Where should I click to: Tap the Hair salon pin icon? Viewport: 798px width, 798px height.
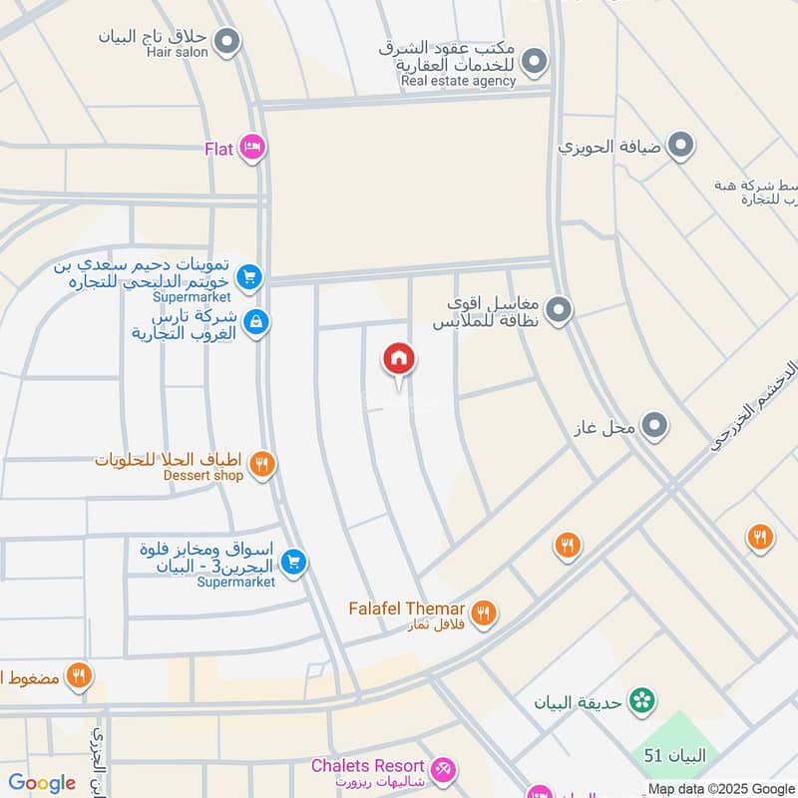[x=228, y=42]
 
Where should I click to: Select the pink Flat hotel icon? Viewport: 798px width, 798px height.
[x=252, y=149]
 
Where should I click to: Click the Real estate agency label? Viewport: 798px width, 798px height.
[x=458, y=81]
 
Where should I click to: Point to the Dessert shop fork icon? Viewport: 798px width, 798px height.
[x=261, y=463]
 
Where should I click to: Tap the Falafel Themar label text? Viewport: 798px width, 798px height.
[x=406, y=608]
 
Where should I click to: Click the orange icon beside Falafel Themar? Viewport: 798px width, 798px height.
[x=483, y=612]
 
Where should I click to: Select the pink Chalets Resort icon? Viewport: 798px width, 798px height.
[x=444, y=770]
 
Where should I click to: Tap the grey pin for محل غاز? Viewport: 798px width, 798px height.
[x=654, y=427]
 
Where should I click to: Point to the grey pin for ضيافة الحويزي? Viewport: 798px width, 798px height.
[x=681, y=147]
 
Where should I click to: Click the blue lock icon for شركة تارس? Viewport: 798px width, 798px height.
[x=256, y=322]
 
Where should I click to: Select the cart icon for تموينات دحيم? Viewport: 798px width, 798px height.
[x=249, y=276]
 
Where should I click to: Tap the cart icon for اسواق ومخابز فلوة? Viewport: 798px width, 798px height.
[x=292, y=564]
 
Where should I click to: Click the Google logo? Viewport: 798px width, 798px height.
[x=42, y=783]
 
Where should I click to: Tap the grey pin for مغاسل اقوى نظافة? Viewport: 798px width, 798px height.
[x=559, y=310]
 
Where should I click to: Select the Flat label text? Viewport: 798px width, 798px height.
[x=218, y=149]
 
